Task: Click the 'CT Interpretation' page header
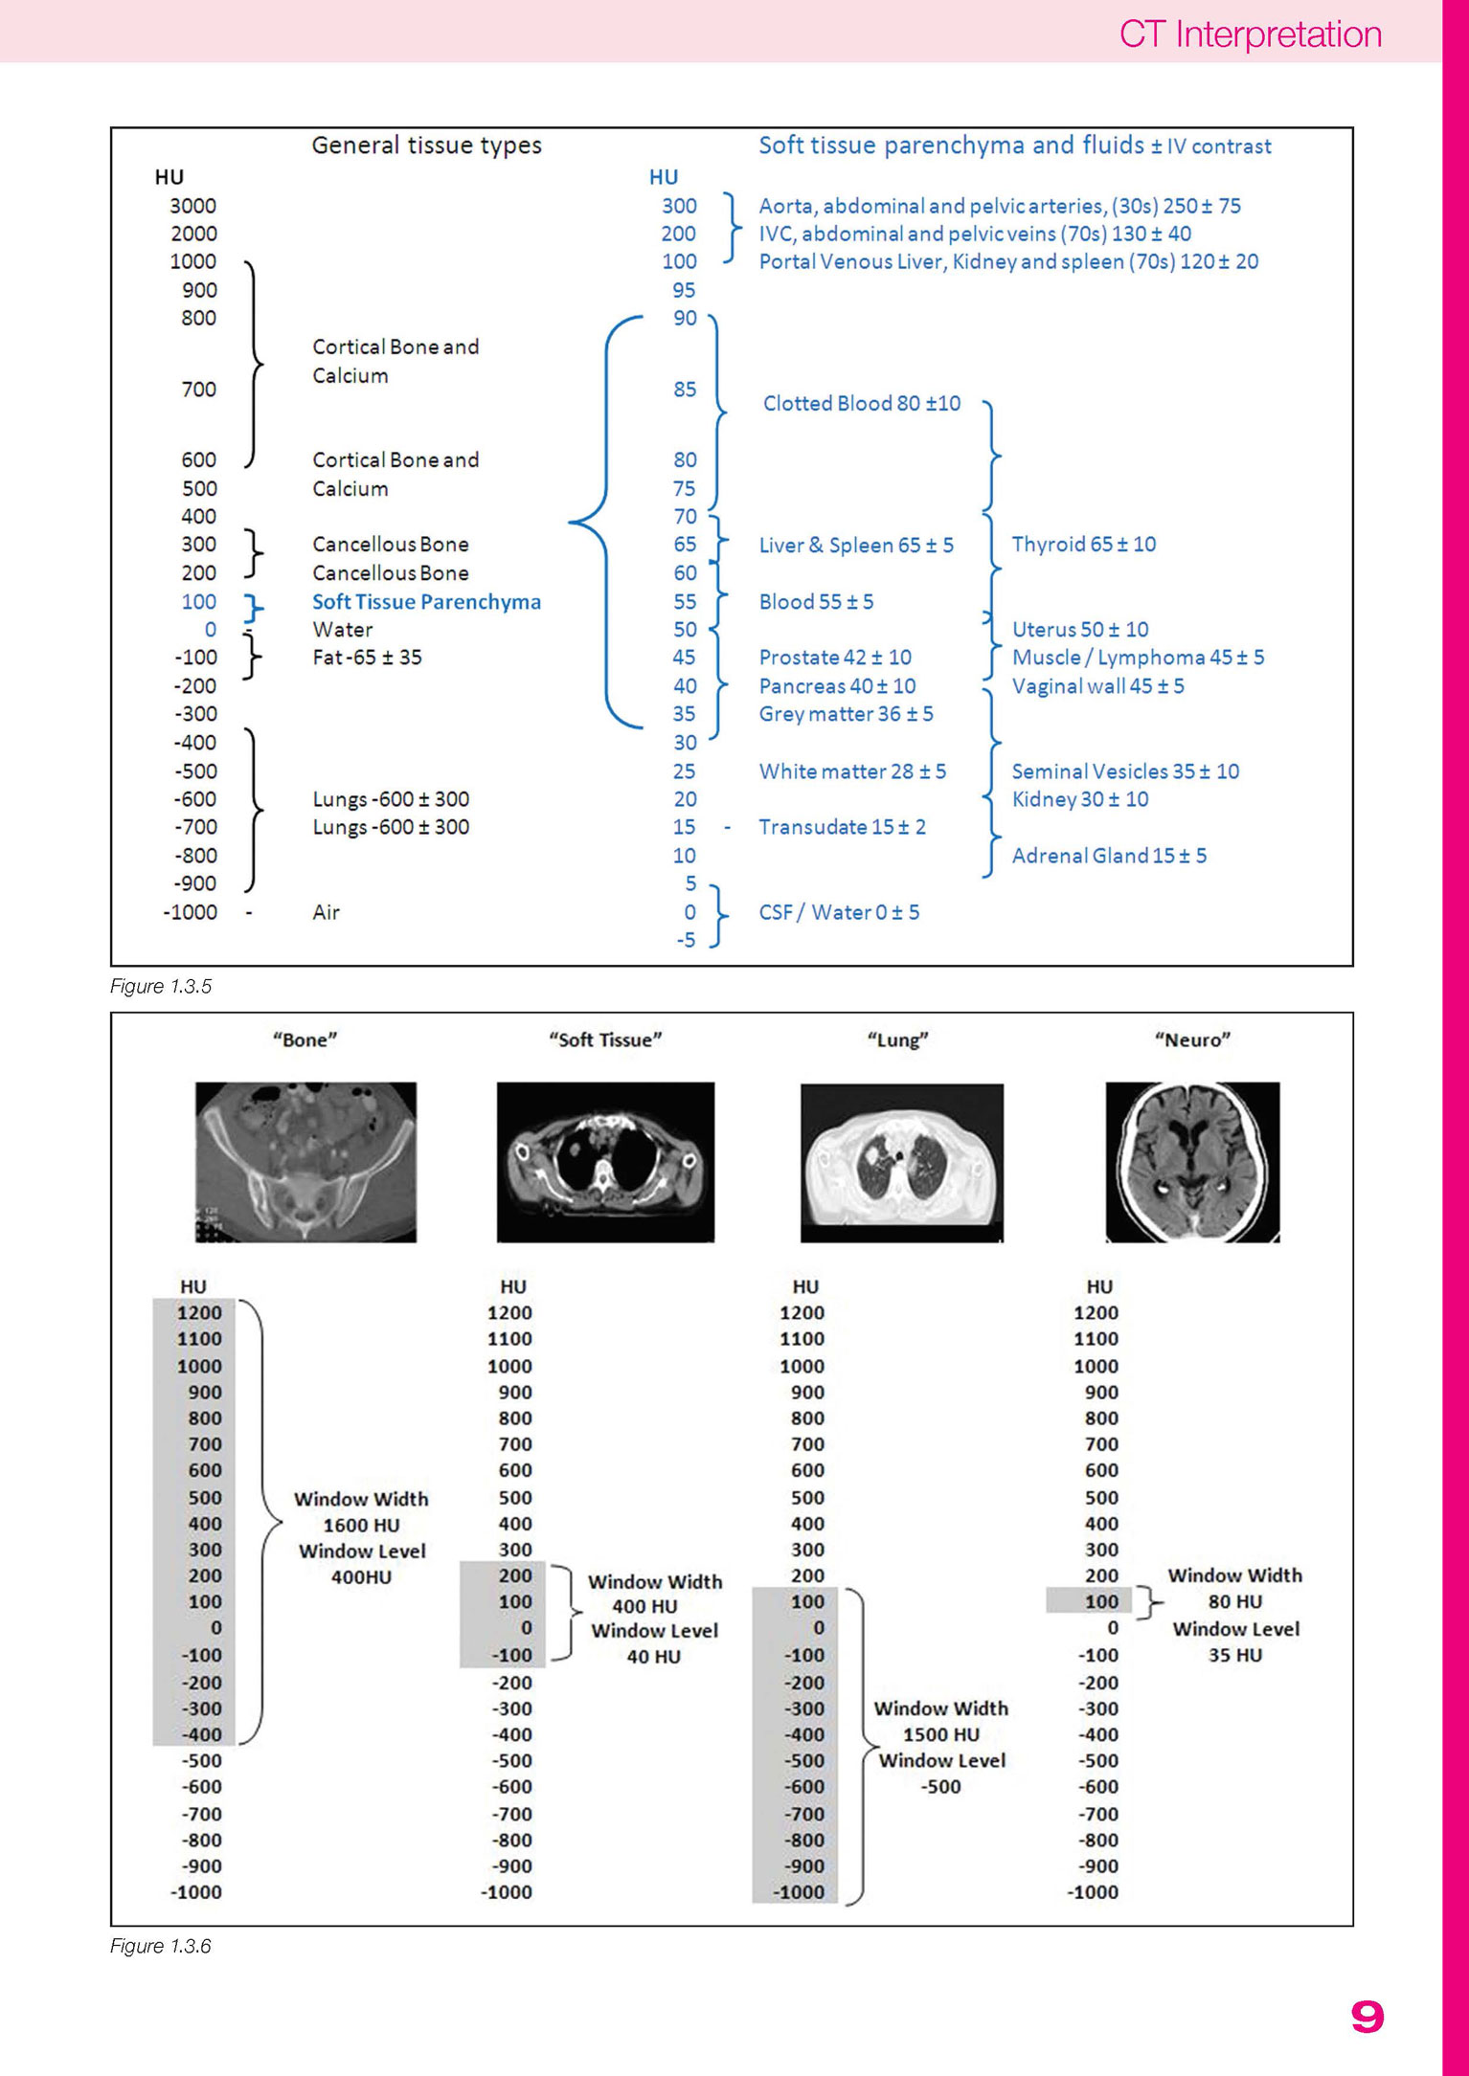point(1250,34)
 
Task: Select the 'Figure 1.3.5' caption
point(161,986)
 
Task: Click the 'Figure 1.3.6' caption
point(161,1946)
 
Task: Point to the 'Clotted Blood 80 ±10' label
point(862,403)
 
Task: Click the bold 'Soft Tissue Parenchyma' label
point(426,602)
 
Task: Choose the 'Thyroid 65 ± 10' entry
point(1084,544)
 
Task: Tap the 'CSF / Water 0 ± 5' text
point(839,912)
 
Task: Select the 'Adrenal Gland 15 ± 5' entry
point(1109,856)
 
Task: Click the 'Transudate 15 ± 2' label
point(843,827)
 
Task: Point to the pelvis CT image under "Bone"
point(305,1162)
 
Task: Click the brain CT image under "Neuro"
point(1192,1162)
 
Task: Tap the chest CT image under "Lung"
point(902,1163)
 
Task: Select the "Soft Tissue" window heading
point(605,1039)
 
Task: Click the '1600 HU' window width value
point(361,1525)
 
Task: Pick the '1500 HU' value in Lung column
point(941,1734)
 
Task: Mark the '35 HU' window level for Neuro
point(1235,1655)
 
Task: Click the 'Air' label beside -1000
point(326,912)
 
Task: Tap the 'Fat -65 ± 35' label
point(367,658)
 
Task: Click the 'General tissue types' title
point(426,145)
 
